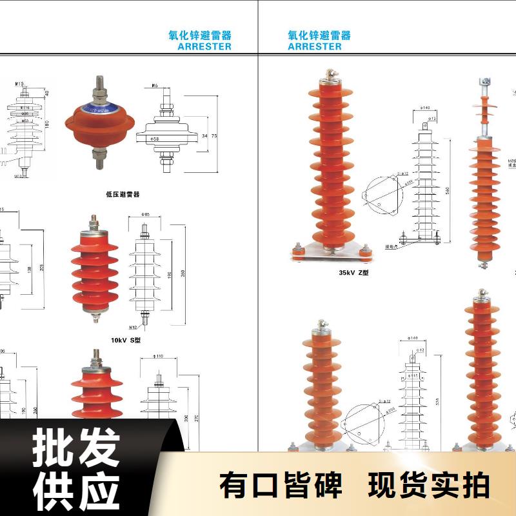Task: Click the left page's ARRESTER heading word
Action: coord(204,46)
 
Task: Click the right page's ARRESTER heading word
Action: coord(315,46)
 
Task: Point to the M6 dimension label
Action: coord(155,86)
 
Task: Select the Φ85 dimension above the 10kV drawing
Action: coord(145,214)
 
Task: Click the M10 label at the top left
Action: coord(19,84)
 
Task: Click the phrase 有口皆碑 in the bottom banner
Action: coord(281,486)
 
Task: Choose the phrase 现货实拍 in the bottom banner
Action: coord(429,486)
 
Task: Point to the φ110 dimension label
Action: coord(159,355)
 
